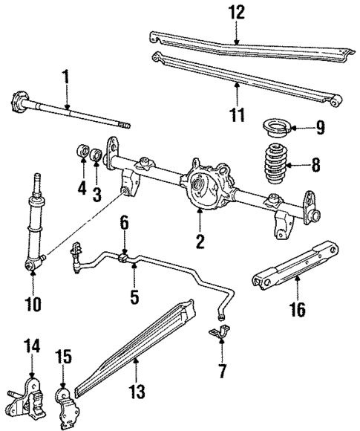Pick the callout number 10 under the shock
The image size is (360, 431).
pos(33,304)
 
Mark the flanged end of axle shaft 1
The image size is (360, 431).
pos(18,100)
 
